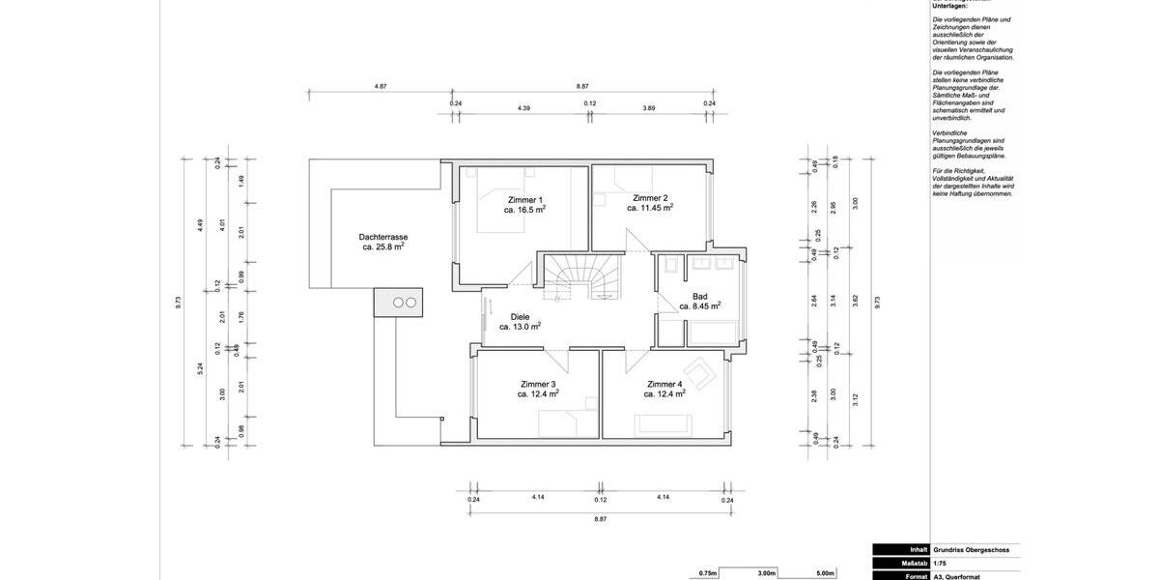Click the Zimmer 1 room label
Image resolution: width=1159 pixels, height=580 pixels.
(x=524, y=199)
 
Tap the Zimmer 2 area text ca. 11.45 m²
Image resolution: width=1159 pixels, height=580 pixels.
(x=650, y=208)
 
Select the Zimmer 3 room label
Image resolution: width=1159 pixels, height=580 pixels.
(x=538, y=384)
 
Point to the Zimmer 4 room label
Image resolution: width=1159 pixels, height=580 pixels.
(x=664, y=384)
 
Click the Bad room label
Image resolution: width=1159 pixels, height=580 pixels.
(x=700, y=296)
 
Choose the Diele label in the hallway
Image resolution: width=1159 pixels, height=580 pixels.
(x=520, y=316)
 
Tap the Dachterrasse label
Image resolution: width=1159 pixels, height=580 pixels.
(x=382, y=237)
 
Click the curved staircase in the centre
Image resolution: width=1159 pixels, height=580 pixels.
(x=580, y=280)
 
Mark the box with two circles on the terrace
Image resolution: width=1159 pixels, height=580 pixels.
(x=399, y=302)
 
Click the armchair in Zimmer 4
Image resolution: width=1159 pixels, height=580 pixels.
(x=699, y=373)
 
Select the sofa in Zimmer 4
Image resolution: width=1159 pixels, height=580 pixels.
(x=663, y=422)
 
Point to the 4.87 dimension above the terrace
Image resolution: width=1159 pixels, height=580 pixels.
(x=381, y=86)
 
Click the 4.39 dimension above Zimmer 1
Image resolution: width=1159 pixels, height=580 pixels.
(x=523, y=107)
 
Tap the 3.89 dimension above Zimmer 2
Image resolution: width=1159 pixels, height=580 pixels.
(x=649, y=107)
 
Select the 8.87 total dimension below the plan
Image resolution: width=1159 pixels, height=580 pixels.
(x=600, y=519)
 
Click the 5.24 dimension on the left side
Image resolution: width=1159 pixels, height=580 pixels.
(x=200, y=367)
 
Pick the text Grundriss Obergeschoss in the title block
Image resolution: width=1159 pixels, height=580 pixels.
(x=971, y=549)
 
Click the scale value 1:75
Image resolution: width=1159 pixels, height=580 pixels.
(x=940, y=563)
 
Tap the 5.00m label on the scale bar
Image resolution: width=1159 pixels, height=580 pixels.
(x=825, y=573)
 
